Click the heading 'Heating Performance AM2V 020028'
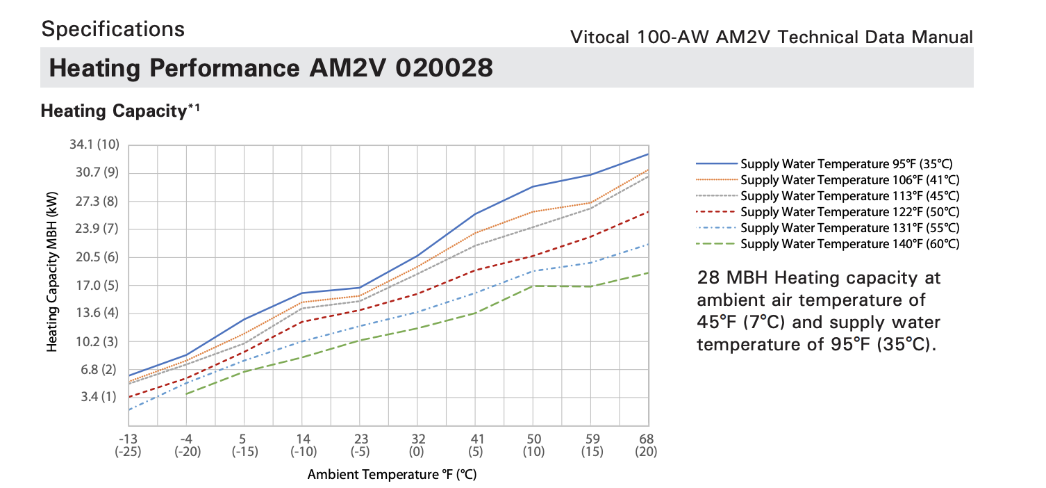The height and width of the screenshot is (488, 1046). tap(272, 68)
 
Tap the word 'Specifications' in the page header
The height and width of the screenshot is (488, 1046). tap(113, 29)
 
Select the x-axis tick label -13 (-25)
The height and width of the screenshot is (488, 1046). tap(128, 445)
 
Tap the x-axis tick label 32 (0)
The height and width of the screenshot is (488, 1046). tap(417, 445)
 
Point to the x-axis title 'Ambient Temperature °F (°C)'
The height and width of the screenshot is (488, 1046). tap(393, 475)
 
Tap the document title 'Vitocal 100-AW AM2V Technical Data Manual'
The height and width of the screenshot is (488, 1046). tap(771, 37)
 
